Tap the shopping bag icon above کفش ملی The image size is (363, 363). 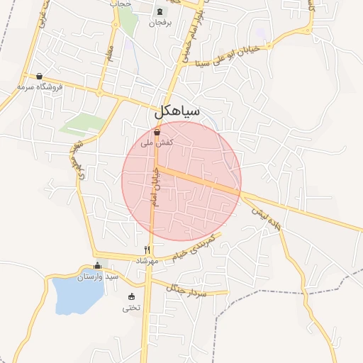[x=157, y=132]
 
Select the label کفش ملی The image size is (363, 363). [x=157, y=143]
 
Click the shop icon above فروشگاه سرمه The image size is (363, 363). [x=40, y=76]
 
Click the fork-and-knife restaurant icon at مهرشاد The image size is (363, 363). [x=147, y=250]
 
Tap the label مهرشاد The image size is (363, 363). [x=145, y=261]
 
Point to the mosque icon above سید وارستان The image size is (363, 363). [x=98, y=265]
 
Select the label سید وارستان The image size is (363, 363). [x=97, y=276]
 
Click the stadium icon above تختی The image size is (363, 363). [x=131, y=296]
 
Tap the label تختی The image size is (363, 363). [x=131, y=308]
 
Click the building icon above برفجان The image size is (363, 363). [x=160, y=12]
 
